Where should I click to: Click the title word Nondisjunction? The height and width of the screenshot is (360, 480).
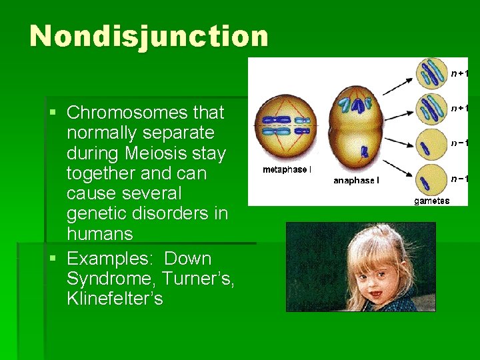[149, 36]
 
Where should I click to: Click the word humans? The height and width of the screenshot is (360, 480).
[100, 234]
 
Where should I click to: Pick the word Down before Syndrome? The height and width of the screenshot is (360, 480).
[187, 258]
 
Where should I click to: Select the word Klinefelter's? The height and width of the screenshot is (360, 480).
[115, 298]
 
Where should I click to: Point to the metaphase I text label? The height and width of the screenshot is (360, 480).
[286, 170]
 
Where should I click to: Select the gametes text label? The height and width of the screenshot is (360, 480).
[431, 201]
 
